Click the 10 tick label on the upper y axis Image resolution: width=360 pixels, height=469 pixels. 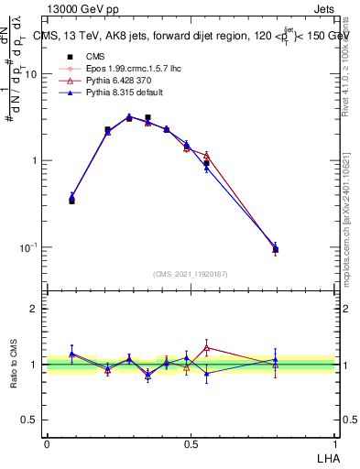(x=31, y=74)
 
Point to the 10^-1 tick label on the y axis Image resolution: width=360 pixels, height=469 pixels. (x=29, y=247)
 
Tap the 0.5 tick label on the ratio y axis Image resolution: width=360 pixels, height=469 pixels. (x=29, y=420)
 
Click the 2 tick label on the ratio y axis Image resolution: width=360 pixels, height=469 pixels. (x=34, y=309)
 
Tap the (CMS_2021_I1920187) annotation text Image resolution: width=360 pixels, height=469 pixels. (x=191, y=274)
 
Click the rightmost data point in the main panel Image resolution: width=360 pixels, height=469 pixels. (x=276, y=248)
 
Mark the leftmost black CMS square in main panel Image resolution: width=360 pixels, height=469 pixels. (x=71, y=200)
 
